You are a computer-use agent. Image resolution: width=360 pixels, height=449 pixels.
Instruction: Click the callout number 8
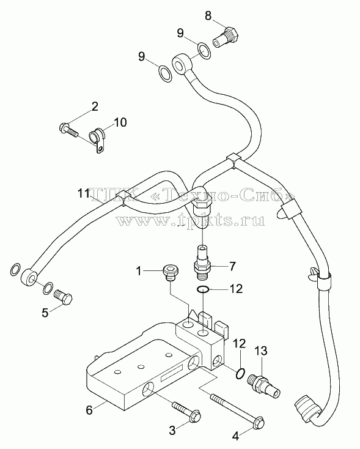coord(208,16)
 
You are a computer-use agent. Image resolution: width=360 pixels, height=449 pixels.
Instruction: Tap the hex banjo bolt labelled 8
coord(226,37)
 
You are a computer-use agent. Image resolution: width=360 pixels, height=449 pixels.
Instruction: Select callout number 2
coord(94,106)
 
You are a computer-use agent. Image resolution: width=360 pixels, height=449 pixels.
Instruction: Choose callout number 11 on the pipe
coord(84,194)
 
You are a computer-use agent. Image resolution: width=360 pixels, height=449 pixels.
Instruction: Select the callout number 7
coord(232,267)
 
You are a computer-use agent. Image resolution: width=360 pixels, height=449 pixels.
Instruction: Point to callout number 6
coord(89,410)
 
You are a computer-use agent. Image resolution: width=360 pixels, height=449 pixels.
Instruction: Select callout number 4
coord(235,436)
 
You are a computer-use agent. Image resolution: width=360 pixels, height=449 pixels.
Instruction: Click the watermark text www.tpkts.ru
coord(190,220)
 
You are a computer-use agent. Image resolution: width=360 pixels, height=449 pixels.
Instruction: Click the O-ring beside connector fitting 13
coord(240,373)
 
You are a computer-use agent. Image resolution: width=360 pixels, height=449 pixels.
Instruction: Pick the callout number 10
coord(120,122)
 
